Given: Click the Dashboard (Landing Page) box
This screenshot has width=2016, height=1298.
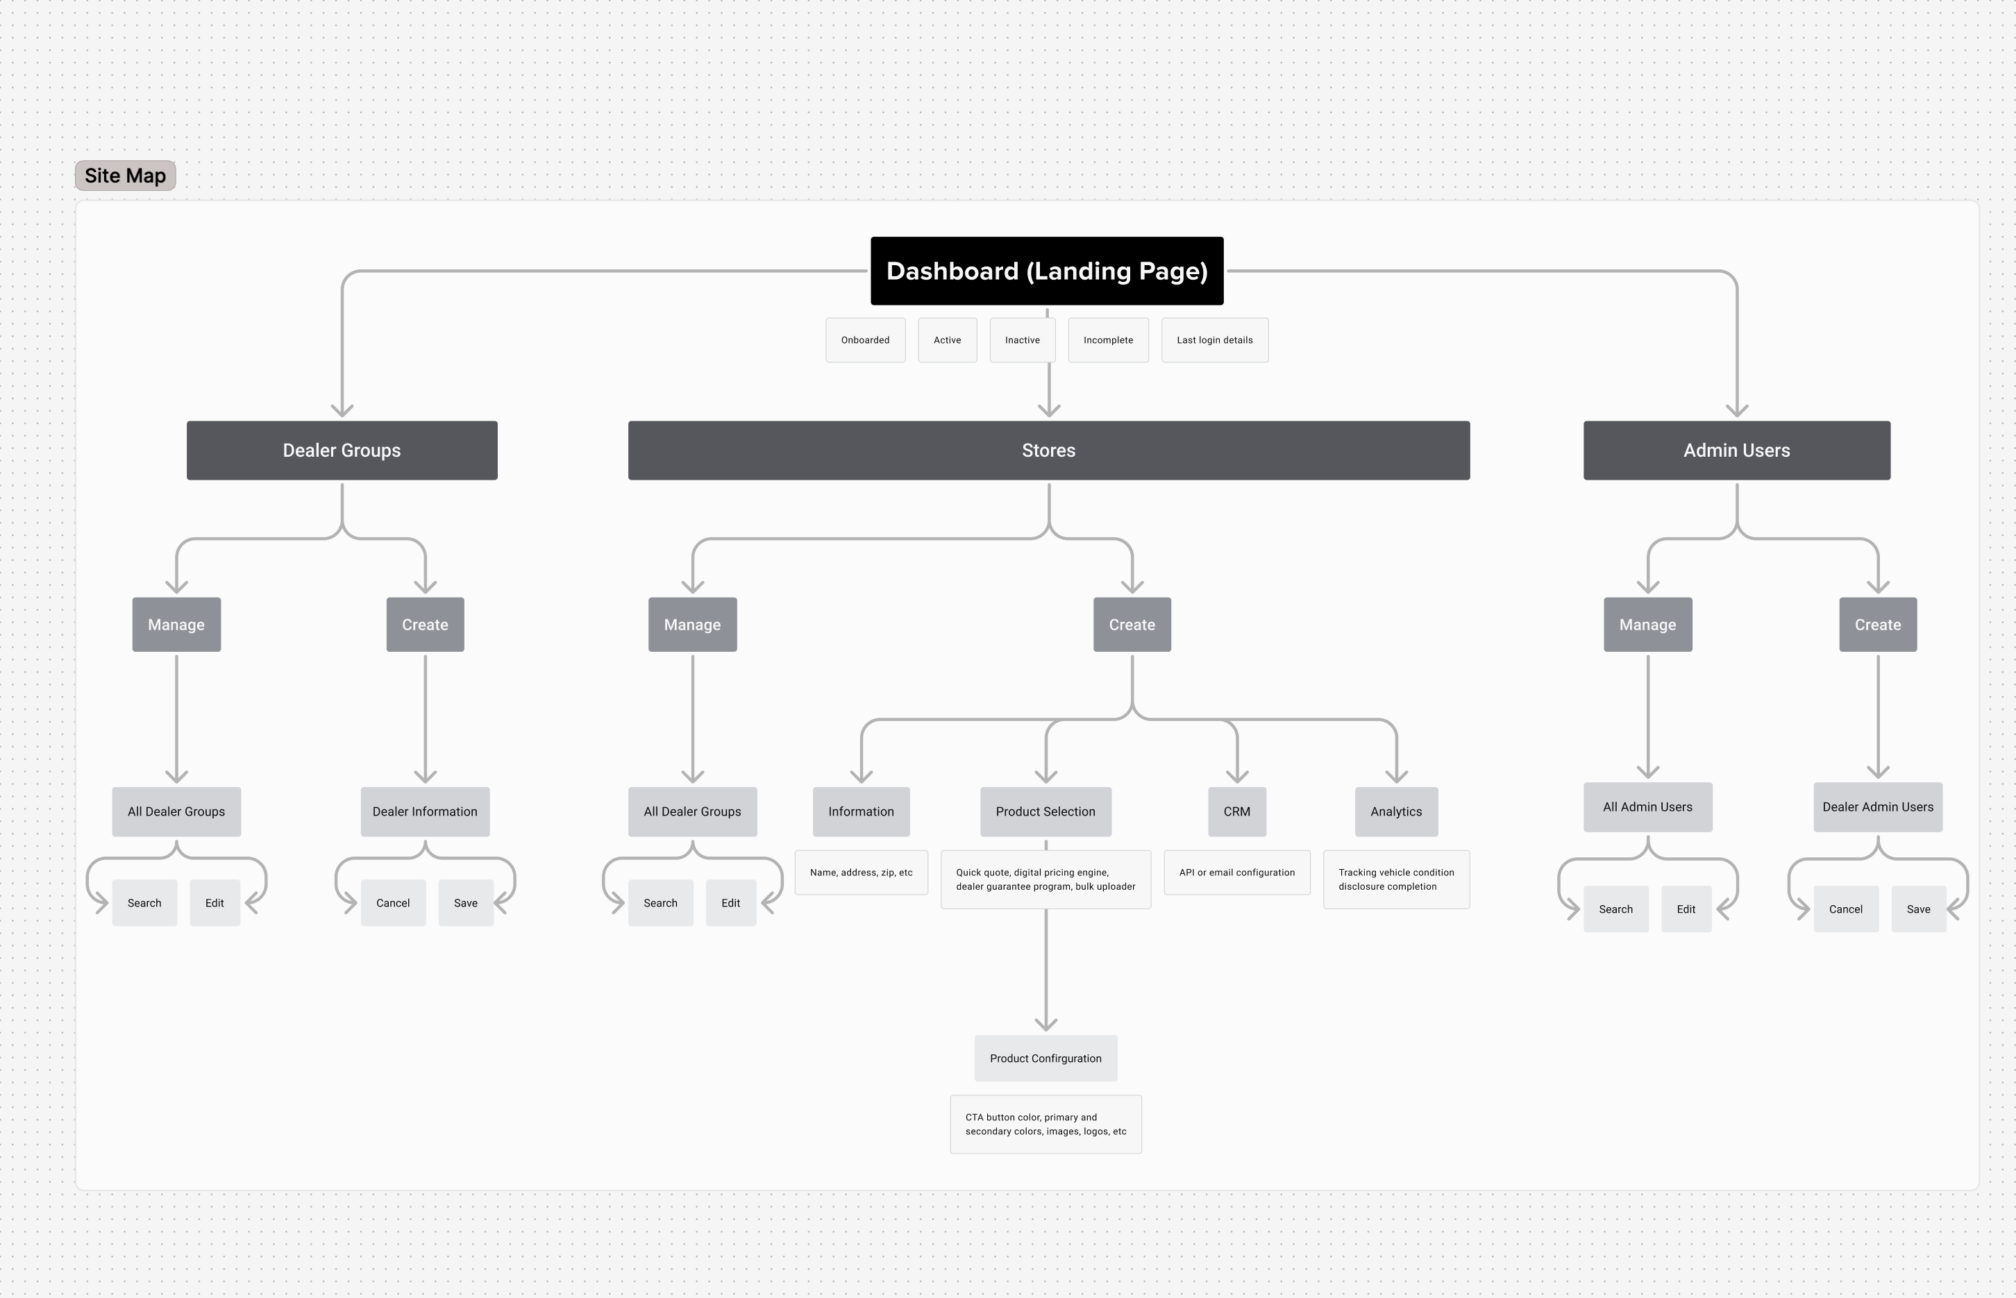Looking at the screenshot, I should (1047, 271).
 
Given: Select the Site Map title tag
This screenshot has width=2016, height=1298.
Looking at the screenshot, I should (126, 176).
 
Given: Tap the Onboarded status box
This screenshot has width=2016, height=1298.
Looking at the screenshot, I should (865, 339).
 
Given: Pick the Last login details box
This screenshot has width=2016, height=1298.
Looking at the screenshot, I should (1213, 339).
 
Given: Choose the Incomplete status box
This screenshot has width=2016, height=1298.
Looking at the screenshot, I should (1107, 339).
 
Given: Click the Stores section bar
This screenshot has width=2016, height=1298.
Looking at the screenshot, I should (1048, 450).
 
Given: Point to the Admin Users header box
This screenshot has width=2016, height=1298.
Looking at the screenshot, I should (1736, 450).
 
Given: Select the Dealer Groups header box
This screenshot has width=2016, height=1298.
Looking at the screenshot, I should (342, 450).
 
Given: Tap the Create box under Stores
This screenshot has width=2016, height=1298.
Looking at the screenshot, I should (1132, 625).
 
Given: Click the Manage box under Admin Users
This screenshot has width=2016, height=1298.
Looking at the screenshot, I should (1647, 625).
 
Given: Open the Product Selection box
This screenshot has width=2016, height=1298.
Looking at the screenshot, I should (1045, 811).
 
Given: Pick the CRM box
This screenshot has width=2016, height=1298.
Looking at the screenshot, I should (1236, 811).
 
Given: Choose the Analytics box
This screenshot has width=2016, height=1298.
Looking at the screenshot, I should (1395, 811).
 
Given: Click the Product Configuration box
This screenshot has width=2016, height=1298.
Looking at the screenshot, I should (1045, 1058).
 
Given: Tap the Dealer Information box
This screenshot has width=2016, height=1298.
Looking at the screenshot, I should (425, 811).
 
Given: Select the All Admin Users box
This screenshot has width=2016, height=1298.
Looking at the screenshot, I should (1647, 807).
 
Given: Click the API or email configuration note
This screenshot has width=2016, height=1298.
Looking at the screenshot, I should (1236, 873).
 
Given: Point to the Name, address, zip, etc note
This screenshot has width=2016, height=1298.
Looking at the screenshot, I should (861, 873).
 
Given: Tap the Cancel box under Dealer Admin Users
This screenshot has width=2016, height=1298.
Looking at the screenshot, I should (1845, 909).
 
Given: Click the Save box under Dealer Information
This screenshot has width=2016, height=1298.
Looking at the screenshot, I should (465, 902).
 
